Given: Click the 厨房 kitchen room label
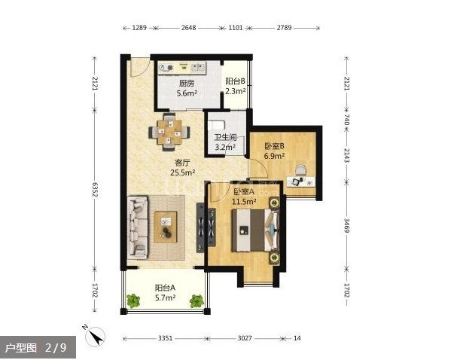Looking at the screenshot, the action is point(187,84).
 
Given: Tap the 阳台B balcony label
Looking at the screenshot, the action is point(235,81).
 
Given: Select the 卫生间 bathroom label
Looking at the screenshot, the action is point(225,137).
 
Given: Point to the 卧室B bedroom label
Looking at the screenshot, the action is point(274,145).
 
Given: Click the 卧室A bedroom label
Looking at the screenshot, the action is point(244,191).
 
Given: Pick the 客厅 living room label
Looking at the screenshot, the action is point(182,163).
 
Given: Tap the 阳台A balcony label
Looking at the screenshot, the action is point(165,288).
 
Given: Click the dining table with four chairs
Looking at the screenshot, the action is point(169,132).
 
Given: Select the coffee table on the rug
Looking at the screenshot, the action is point(166,227).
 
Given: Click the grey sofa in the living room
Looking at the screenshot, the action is point(138,227).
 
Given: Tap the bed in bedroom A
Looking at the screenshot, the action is point(255,230).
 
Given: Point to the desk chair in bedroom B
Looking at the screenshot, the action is point(301,170).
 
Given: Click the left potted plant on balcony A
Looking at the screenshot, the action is point(133,301).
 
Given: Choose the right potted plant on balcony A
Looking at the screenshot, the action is point(197,301).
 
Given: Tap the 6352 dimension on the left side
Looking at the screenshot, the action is point(95,190).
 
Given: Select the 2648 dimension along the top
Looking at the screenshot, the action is point(188,28).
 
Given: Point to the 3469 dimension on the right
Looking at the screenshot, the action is point(346,225).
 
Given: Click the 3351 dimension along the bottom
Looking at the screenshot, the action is point(166,338).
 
